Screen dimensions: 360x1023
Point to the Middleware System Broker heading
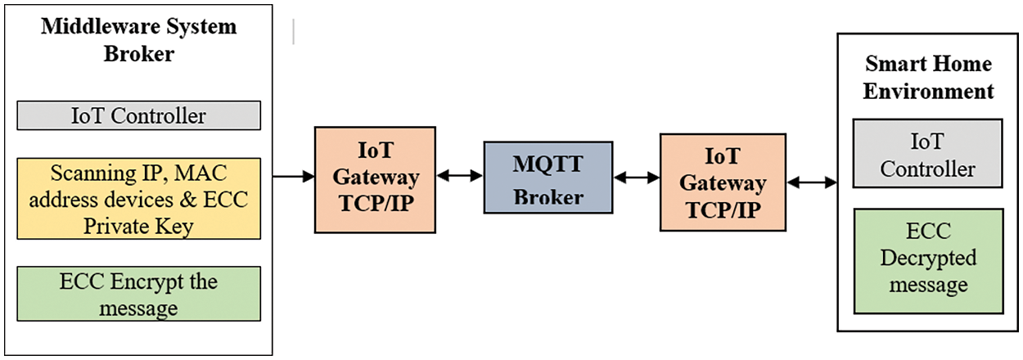(139, 40)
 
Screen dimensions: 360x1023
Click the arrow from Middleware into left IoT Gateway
(293, 176)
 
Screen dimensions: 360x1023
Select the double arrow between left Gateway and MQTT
(459, 176)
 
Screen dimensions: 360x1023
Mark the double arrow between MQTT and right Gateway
(636, 177)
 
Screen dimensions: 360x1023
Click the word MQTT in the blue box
(548, 164)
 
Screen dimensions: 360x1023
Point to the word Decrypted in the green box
(926, 259)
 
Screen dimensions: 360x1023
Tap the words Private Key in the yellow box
(138, 226)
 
